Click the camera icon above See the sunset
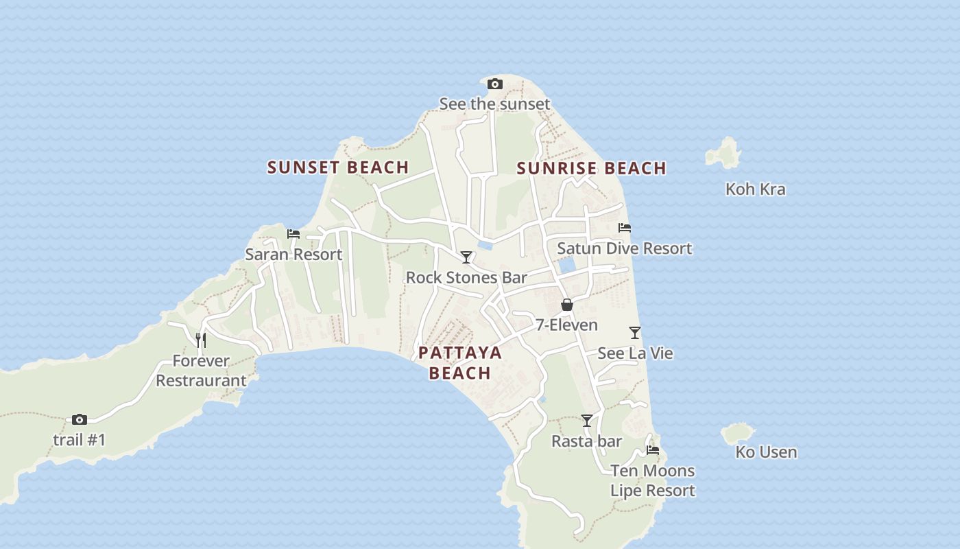(494, 84)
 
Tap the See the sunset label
(494, 104)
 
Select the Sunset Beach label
(338, 167)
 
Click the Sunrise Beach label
(591, 168)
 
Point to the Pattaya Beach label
(460, 362)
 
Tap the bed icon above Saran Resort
(293, 234)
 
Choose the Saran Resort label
(293, 254)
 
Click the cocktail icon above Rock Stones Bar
(466, 257)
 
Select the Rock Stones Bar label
(466, 277)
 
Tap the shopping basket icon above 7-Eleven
(567, 305)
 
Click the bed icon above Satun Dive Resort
(624, 228)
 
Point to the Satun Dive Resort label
(624, 248)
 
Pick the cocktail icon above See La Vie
(635, 333)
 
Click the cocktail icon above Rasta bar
(587, 421)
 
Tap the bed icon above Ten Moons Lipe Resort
(653, 450)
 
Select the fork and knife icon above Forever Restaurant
(201, 340)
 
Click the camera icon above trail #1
(80, 419)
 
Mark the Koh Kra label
(755, 189)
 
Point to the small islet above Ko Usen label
(737, 433)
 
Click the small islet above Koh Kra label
(723, 153)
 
